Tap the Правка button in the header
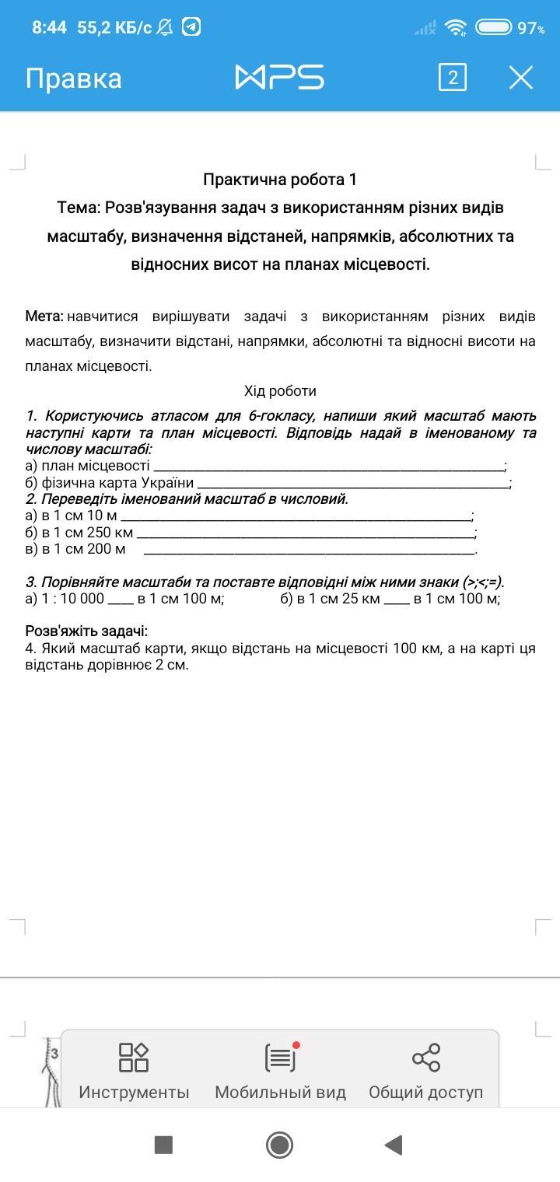click(73, 79)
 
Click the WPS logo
click(279, 78)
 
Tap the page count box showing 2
click(453, 78)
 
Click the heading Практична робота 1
click(280, 180)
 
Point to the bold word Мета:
click(44, 316)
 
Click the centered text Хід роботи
click(280, 390)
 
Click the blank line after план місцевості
click(328, 467)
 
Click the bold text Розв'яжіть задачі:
click(86, 631)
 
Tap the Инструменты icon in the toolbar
click(134, 1058)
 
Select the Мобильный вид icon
click(280, 1058)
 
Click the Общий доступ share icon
click(425, 1058)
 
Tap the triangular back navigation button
click(394, 1145)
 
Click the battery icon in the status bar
click(493, 28)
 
